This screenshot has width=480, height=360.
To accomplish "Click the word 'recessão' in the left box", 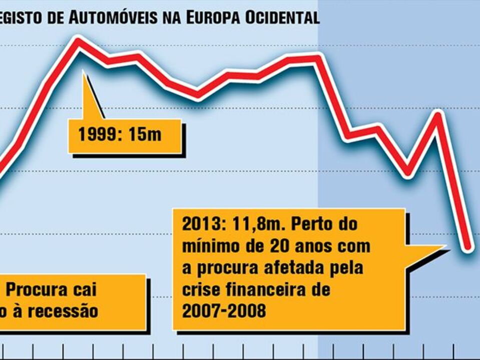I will (x=63, y=311).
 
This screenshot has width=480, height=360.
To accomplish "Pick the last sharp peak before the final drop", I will (x=438, y=114).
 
